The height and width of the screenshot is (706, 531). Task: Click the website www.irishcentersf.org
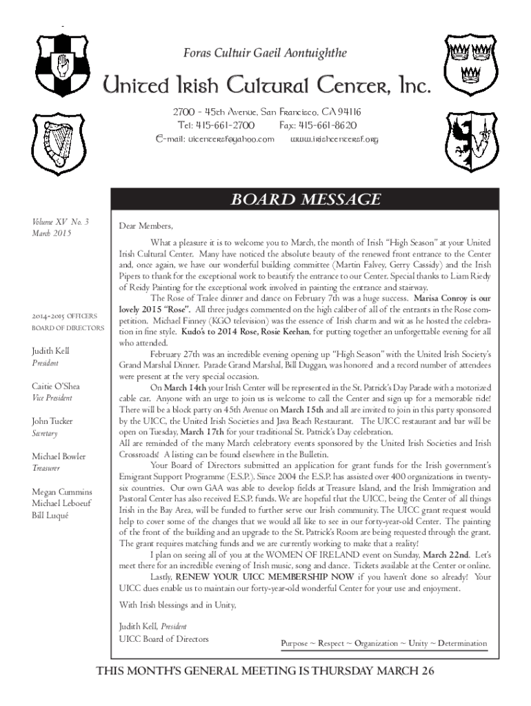tap(335, 140)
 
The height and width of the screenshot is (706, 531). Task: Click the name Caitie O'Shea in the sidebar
tap(56, 386)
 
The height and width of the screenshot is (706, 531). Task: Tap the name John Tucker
tap(52, 421)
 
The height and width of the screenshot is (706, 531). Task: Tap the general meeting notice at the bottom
tap(265, 672)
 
